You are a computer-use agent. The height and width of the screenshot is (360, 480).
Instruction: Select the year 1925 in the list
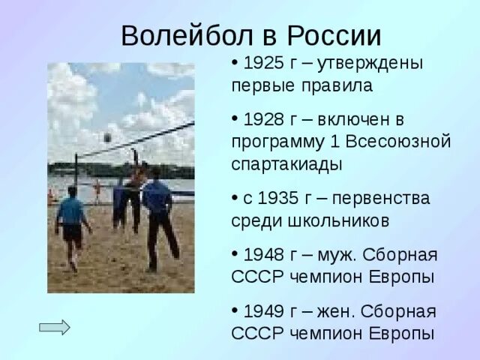click(262, 64)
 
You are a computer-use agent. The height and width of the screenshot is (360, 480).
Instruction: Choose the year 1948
click(262, 254)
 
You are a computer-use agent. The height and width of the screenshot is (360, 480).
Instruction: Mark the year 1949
click(262, 310)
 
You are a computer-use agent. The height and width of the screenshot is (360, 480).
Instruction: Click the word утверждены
click(370, 64)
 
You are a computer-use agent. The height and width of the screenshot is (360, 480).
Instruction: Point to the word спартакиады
click(289, 163)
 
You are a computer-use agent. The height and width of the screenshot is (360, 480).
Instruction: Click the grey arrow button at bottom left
click(54, 327)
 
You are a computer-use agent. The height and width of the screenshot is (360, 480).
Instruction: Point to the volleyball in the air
click(108, 137)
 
